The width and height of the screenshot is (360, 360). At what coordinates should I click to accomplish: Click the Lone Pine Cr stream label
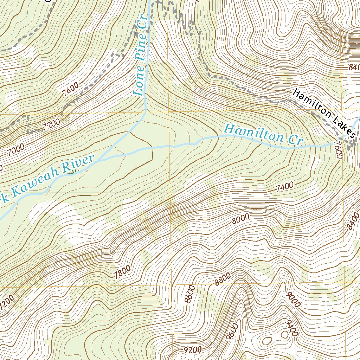click(x=141, y=60)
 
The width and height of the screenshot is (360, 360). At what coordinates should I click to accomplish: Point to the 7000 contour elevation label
click(x=15, y=149)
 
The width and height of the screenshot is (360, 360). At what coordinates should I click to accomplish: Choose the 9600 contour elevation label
click(x=233, y=332)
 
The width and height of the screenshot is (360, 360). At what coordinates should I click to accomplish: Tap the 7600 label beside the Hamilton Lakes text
click(x=338, y=149)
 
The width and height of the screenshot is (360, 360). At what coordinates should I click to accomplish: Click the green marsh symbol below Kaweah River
click(x=72, y=172)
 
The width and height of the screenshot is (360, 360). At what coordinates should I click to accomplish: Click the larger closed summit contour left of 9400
click(x=267, y=341)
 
